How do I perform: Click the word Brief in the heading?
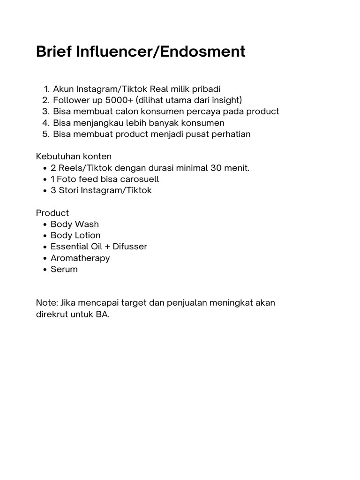tap(52, 52)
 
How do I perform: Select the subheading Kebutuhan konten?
tap(74, 157)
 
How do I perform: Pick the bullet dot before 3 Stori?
tap(44, 191)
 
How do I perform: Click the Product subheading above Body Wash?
tap(52, 213)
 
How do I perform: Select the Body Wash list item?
tap(75, 224)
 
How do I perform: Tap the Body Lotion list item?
tap(75, 235)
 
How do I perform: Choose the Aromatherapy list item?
tap(80, 258)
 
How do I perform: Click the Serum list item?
tap(64, 269)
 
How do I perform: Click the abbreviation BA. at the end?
tap(103, 314)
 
